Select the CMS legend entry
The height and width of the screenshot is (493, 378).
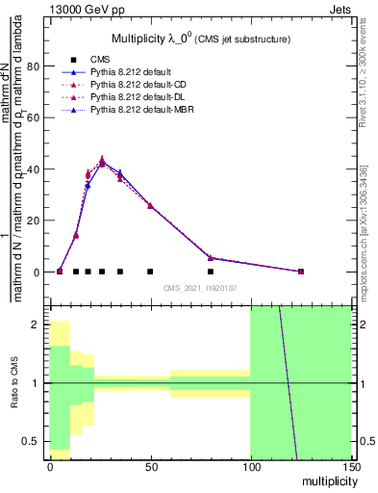click(x=101, y=60)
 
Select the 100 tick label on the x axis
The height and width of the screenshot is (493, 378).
click(x=250, y=467)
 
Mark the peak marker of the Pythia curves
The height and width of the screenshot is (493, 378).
click(x=102, y=161)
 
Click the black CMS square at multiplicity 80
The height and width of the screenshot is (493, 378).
click(x=211, y=272)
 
